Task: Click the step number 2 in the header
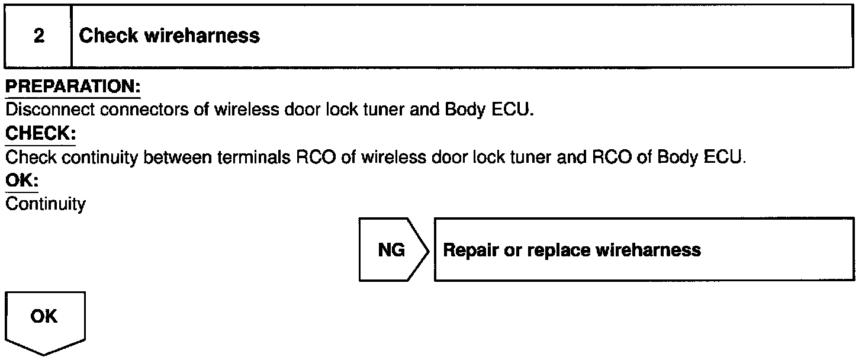pyautogui.click(x=39, y=36)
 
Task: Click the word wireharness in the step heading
pyautogui.click(x=202, y=36)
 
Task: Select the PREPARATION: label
pyautogui.click(x=73, y=86)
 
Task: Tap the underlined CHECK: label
pyautogui.click(x=40, y=134)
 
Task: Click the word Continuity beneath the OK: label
pyautogui.click(x=46, y=204)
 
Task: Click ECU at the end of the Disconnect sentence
pyautogui.click(x=512, y=110)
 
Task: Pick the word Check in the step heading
pyautogui.click(x=108, y=36)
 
